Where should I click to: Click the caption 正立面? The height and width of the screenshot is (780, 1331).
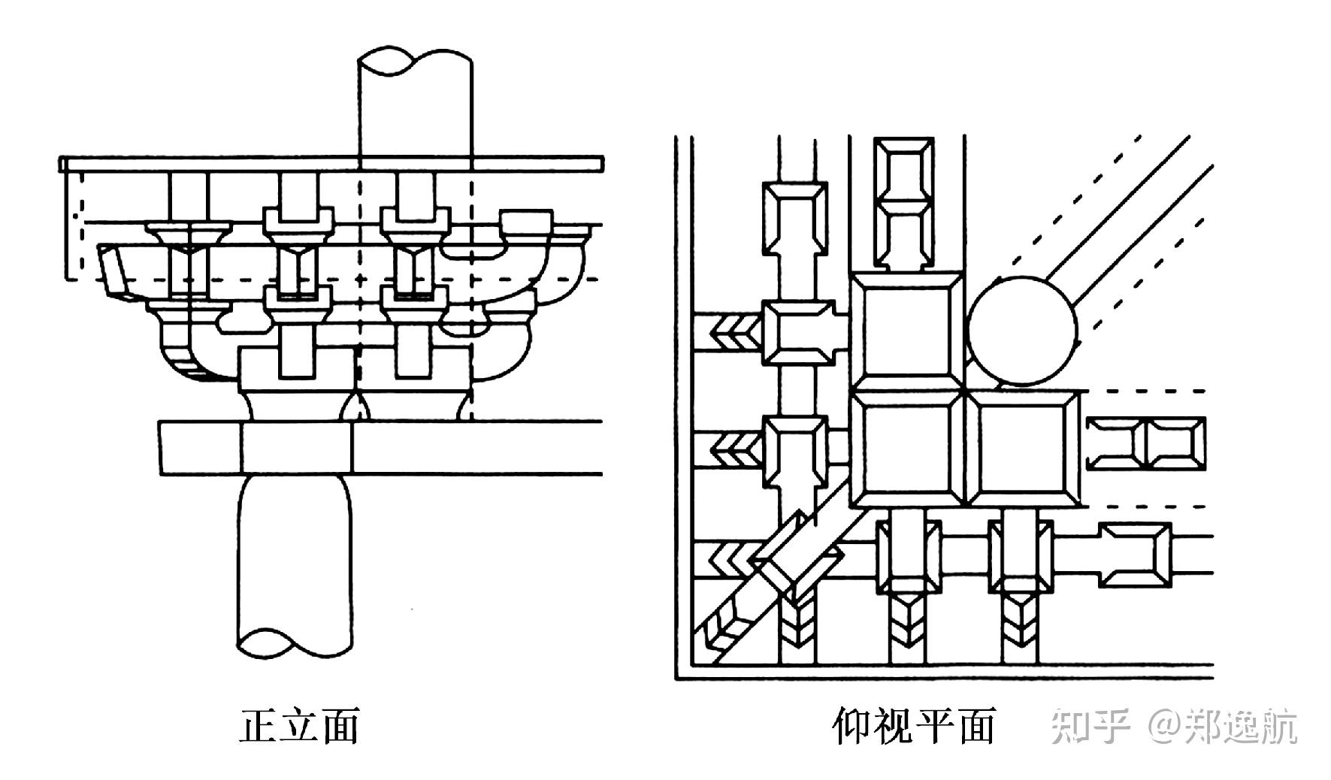(x=298, y=726)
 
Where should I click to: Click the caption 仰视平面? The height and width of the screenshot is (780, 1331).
(x=914, y=726)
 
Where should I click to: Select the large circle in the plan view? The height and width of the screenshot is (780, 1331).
(x=1022, y=331)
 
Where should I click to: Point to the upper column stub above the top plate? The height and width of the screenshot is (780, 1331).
(x=415, y=105)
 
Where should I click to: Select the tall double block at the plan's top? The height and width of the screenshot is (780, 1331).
(x=903, y=203)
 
